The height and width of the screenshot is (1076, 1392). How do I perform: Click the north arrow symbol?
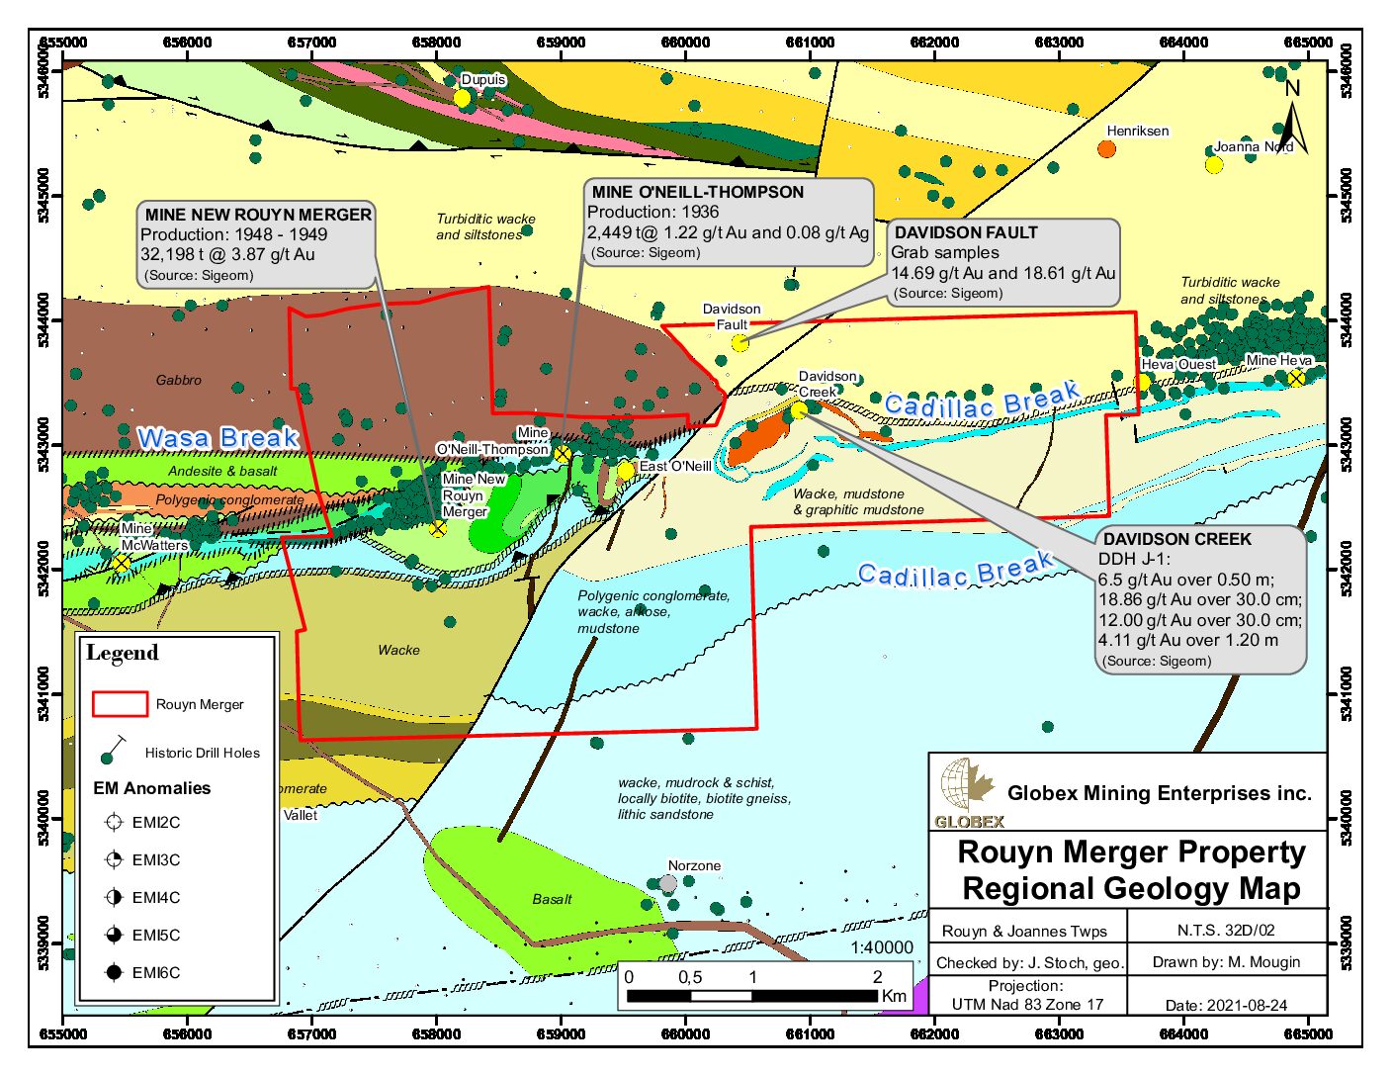1293,119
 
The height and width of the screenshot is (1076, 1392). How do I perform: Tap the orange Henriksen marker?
1106,149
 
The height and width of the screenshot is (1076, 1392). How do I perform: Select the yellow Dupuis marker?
462,98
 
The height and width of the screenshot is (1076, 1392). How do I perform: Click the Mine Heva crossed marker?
1295,378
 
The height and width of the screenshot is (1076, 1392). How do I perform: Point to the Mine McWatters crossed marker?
121,563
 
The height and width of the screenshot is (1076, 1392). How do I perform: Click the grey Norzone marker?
668,883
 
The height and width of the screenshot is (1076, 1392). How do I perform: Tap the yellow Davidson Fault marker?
740,343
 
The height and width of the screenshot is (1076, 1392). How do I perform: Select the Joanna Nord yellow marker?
1213,164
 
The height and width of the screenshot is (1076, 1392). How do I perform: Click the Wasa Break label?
217,437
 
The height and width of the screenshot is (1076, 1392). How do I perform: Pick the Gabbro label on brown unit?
178,380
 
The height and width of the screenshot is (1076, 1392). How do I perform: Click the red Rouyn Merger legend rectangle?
120,703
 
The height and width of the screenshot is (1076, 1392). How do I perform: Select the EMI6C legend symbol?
114,972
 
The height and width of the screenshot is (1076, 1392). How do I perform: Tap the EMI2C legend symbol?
114,822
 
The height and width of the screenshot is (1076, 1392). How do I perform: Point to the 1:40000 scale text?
882,947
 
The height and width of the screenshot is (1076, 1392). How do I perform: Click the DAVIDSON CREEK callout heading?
1176,539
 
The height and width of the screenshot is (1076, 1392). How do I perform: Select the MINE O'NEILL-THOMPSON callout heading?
697,192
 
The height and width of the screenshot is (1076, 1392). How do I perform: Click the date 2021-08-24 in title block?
1226,1005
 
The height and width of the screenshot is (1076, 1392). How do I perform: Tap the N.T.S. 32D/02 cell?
1226,931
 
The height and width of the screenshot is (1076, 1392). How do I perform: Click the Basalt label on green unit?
552,899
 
